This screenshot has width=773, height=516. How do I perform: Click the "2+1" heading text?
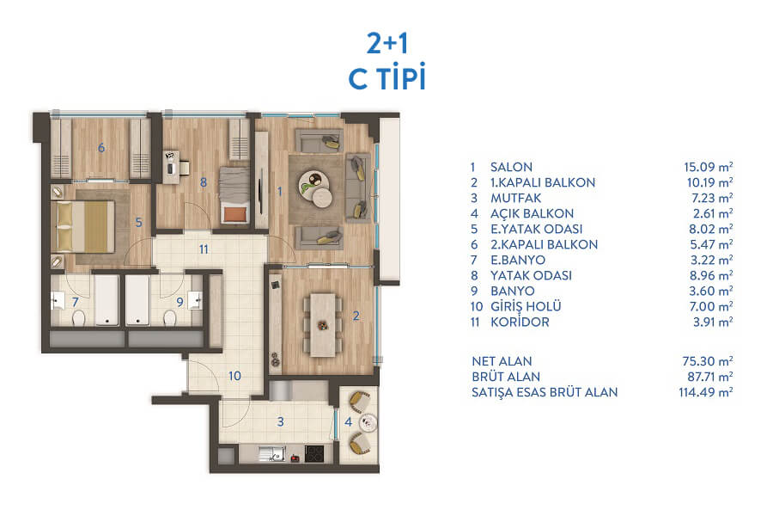tap(387, 44)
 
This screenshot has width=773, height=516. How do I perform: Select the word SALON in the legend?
tap(511, 167)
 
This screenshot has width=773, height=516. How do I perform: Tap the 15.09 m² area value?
tap(708, 167)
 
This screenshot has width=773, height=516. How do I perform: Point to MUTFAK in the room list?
tap(515, 198)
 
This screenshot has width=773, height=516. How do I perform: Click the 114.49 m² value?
tap(705, 392)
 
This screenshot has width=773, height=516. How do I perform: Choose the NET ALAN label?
tap(502, 361)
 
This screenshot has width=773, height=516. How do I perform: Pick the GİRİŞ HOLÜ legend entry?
tap(526, 306)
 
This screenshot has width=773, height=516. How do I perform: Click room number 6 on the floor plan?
tap(101, 148)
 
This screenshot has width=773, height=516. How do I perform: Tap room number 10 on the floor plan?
tap(234, 376)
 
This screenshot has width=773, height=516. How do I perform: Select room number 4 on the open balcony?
tap(348, 421)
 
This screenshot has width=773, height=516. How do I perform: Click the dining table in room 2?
tap(323, 324)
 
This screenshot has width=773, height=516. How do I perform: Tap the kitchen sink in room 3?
tap(271, 454)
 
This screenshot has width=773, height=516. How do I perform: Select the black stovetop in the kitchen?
tap(314, 454)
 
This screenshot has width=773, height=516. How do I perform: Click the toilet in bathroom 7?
tap(79, 318)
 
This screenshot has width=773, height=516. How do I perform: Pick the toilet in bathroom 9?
tap(170, 318)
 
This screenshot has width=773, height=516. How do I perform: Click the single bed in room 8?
tap(234, 195)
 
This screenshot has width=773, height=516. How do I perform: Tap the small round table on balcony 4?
tap(368, 422)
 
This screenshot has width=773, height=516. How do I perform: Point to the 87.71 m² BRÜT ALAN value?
tap(710, 377)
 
